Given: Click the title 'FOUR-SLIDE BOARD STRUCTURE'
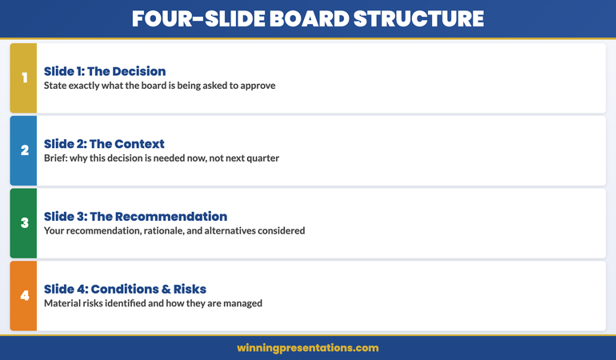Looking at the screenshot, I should click(x=307, y=18).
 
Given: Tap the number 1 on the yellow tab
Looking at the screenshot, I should click(x=24, y=78).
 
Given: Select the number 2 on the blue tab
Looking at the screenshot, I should click(x=24, y=150).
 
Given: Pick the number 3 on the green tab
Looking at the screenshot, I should click(x=24, y=223).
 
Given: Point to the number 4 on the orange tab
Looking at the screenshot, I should click(x=24, y=296).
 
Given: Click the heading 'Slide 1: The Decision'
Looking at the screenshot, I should click(x=105, y=71).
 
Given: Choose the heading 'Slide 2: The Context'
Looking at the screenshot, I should click(x=104, y=144).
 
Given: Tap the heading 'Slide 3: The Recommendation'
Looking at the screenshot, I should click(x=135, y=217).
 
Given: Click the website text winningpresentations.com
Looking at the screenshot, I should click(x=307, y=348).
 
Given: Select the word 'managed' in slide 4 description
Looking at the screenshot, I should click(x=242, y=303).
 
